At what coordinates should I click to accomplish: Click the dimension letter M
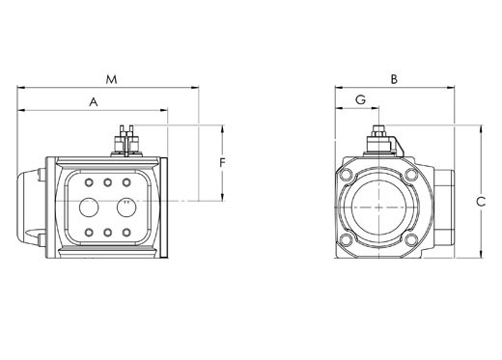coord(111,79)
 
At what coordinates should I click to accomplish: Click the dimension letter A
coord(94,102)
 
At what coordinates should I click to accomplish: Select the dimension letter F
coord(222,163)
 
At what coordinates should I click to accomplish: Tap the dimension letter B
coord(394,79)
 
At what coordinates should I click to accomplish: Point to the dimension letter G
coord(361,100)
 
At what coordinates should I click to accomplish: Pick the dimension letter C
coord(481,202)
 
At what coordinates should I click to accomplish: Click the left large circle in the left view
coord(89,208)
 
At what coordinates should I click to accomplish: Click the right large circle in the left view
coord(126,208)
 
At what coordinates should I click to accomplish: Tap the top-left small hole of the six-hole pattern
coord(89,182)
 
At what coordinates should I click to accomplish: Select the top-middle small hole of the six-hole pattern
coord(107,182)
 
